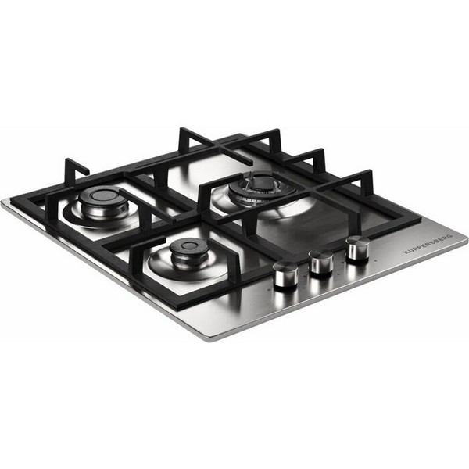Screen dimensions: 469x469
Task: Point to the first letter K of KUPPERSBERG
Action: coord(406,252)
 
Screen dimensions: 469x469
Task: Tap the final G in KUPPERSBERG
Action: coord(451,235)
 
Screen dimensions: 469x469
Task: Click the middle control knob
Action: coord(321,261)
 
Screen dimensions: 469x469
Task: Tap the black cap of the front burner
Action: coord(188,247)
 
